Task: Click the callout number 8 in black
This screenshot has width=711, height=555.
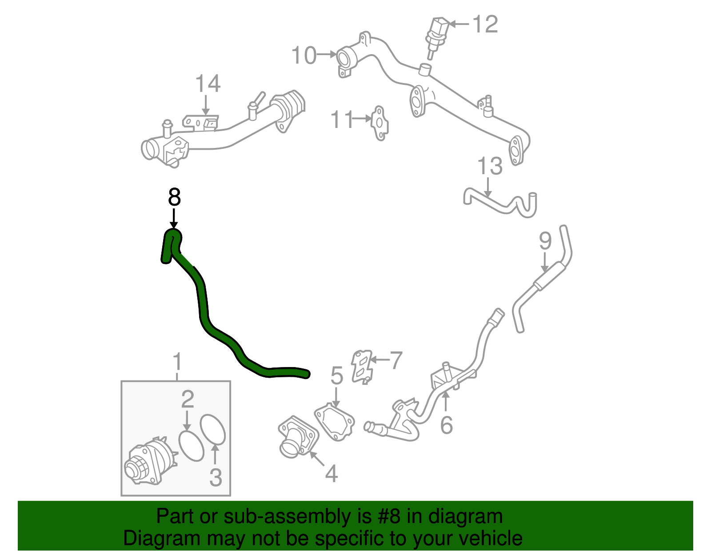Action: tap(174, 197)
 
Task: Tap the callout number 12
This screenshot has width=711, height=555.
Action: tap(485, 24)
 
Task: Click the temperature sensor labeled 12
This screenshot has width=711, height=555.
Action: tap(437, 36)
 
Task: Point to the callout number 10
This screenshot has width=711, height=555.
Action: tap(304, 56)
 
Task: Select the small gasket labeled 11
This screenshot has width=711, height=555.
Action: tap(379, 123)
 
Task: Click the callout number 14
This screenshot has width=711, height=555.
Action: tap(208, 84)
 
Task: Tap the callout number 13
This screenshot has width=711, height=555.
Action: tap(490, 166)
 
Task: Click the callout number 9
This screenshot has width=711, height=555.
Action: tap(545, 241)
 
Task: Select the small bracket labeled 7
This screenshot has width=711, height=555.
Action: tap(362, 366)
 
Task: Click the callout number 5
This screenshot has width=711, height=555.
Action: tap(337, 376)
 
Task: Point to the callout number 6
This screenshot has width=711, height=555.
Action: tap(446, 425)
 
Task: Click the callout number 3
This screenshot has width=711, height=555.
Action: tap(216, 478)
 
